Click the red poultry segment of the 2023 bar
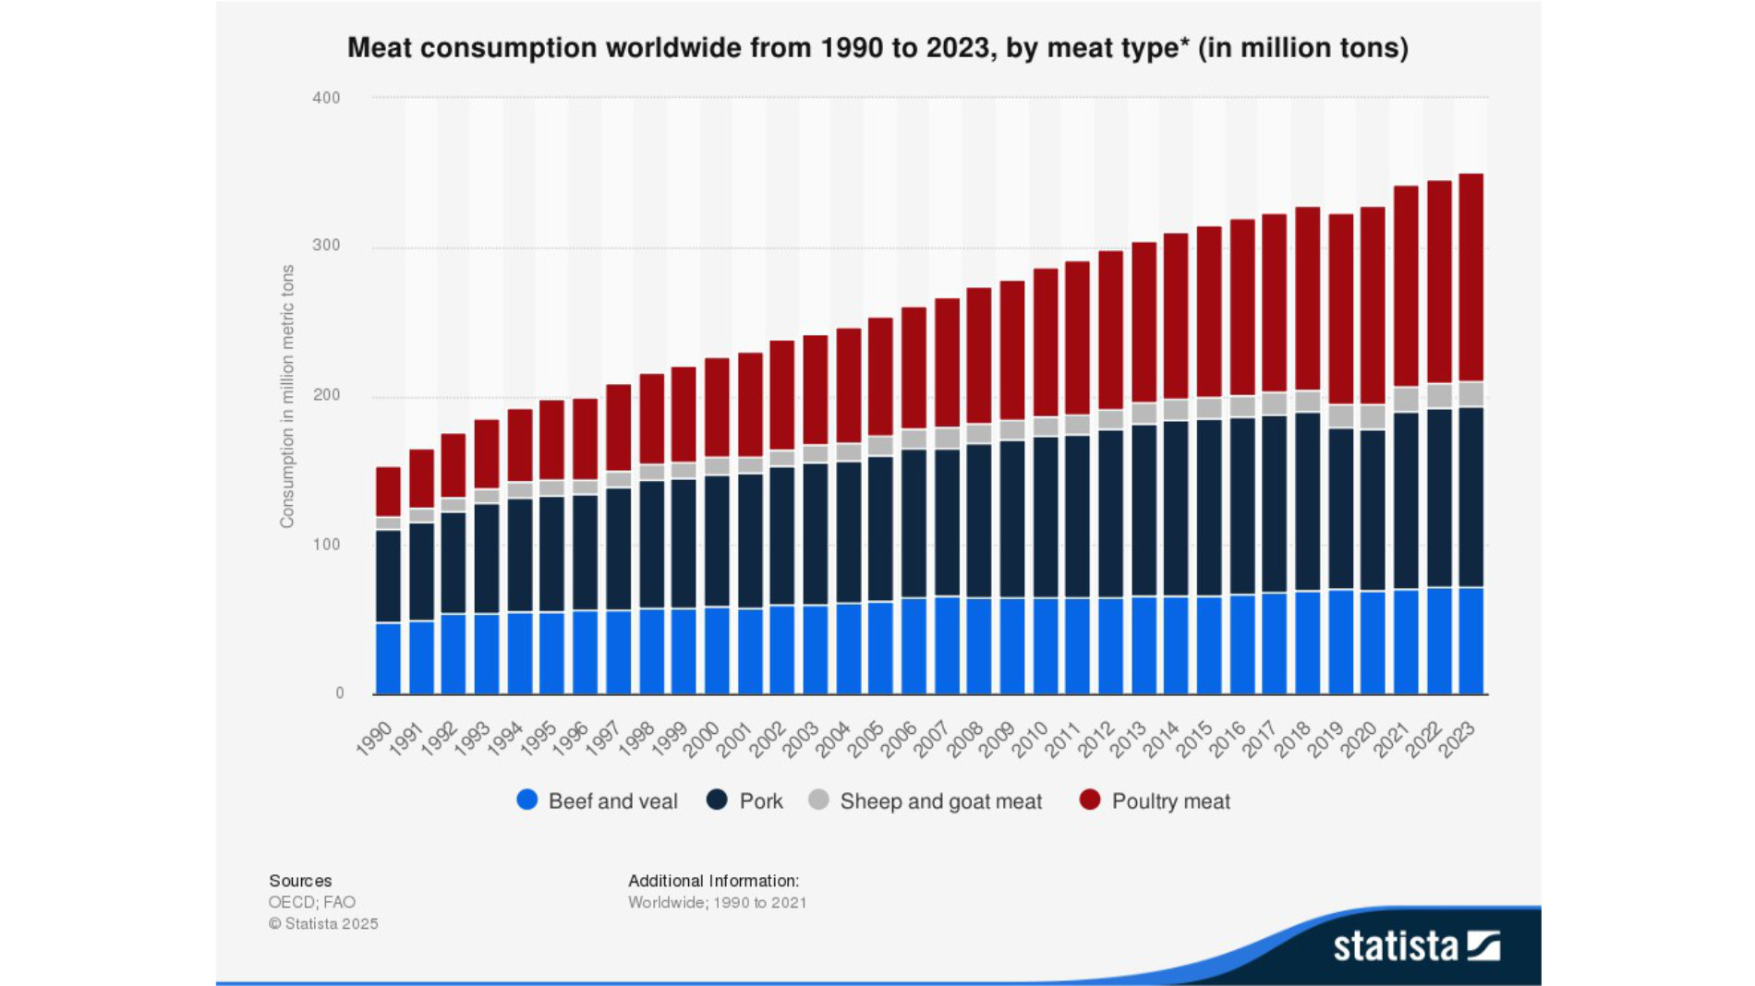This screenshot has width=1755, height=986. (1471, 277)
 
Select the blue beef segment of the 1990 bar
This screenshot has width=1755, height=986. (388, 658)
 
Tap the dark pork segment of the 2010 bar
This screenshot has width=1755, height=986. (1046, 517)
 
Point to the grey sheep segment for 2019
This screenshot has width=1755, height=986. (1340, 416)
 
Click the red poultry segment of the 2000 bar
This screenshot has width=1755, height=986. (717, 407)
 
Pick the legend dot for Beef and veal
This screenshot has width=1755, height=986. (527, 800)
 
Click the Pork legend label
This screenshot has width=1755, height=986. (760, 801)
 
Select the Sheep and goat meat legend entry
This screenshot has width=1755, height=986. (939, 801)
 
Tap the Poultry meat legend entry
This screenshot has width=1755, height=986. (1169, 801)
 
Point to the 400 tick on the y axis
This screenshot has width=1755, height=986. (326, 98)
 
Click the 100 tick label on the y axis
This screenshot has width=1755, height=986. (326, 545)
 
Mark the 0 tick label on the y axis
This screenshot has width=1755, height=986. (339, 693)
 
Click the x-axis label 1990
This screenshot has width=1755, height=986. (374, 739)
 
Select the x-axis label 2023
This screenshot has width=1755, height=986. (1457, 739)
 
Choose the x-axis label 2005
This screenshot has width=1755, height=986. (866, 739)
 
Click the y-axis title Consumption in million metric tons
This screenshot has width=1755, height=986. (287, 397)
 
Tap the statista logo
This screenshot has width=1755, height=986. (1416, 946)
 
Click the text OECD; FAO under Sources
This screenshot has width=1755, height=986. (311, 902)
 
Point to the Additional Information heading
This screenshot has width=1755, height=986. (713, 881)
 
